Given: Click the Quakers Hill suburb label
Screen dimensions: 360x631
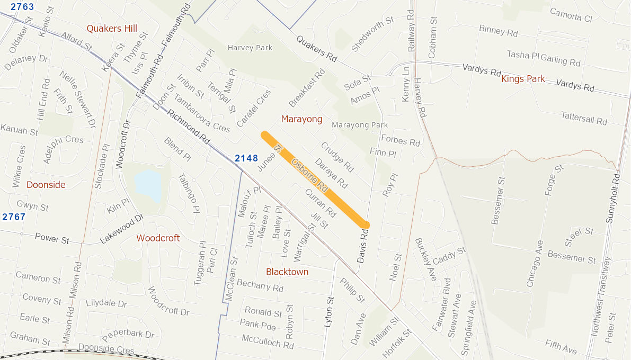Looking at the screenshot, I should [x=112, y=29].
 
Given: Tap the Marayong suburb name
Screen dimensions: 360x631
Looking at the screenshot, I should [x=301, y=119].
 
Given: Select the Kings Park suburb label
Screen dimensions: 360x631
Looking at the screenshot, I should [x=523, y=79].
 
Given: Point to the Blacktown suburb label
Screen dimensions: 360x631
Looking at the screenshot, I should [x=287, y=272].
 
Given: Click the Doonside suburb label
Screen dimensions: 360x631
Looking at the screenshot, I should [x=46, y=185].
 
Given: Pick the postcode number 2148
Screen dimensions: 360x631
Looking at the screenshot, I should [x=246, y=158].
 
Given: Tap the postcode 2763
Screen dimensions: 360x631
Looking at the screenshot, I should [x=17, y=7].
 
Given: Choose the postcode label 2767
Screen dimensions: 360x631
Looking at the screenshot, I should [x=14, y=217].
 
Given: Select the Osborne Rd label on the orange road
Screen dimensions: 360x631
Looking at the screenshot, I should [x=310, y=176].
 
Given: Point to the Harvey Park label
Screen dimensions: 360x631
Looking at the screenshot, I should [x=250, y=48].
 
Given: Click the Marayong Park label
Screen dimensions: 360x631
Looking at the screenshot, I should [x=360, y=125].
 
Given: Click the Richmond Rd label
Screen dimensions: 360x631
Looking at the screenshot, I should [x=188, y=128].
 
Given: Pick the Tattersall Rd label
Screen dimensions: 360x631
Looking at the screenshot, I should [x=584, y=118].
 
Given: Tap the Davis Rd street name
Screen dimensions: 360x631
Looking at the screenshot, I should [x=362, y=246].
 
